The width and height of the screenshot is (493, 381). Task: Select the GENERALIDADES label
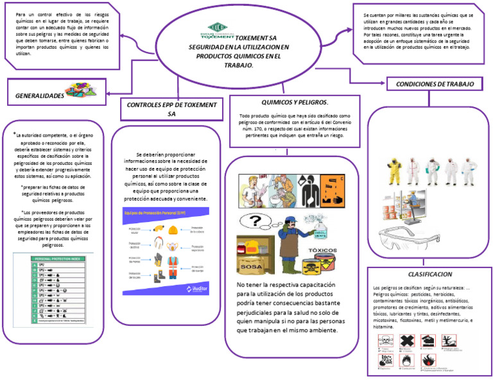point(40,96)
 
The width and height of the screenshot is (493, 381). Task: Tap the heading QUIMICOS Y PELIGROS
point(295,103)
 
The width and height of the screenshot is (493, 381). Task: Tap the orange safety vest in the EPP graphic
point(172,264)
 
